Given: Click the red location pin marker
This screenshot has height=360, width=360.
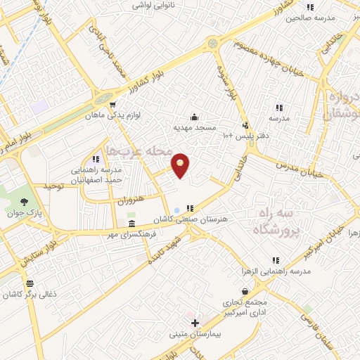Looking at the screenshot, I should point(181,165).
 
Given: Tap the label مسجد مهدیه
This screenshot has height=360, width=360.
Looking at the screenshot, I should point(194,129).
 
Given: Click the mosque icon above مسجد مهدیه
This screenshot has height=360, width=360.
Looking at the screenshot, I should point(194,117).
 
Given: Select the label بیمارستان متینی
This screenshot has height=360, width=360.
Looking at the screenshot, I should point(195,335).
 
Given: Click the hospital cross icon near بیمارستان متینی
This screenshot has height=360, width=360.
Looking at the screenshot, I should point(195,322).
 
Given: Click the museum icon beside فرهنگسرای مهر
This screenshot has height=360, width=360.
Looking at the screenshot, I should point(131,224).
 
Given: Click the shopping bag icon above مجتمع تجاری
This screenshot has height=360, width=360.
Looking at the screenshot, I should point(244,290).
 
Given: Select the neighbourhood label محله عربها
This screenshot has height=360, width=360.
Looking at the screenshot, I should point(136,150).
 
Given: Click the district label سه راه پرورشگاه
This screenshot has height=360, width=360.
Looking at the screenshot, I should point(275,219).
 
